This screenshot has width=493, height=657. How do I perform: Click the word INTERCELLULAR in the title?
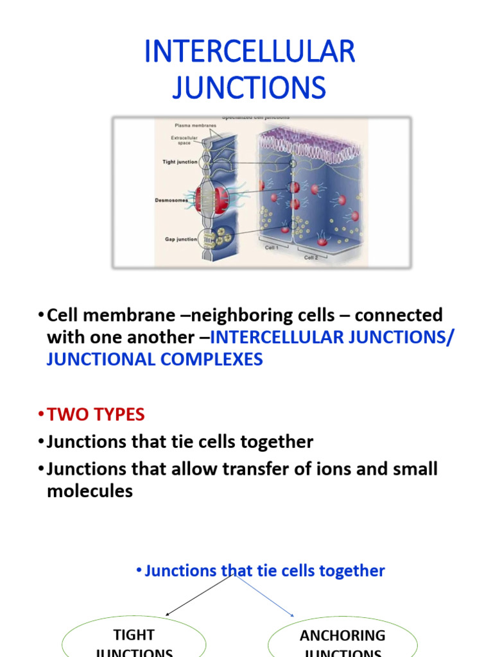[x=249, y=51]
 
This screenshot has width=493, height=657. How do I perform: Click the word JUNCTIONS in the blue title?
[x=249, y=87]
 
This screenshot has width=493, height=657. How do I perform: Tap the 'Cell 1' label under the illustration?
[x=272, y=247]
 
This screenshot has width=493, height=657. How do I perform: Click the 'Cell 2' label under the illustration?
[x=310, y=257]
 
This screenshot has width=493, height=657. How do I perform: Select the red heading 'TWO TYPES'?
[x=96, y=414]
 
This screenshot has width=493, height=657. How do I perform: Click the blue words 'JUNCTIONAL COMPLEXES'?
[x=155, y=359]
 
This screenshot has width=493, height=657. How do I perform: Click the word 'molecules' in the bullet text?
[x=90, y=491]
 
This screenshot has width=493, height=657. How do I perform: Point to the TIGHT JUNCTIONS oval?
[x=134, y=638]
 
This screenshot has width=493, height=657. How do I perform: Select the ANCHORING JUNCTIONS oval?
[x=342, y=638]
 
